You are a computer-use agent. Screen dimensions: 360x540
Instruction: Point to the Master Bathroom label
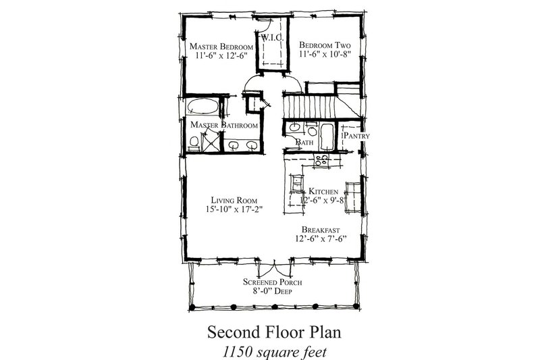[223, 126]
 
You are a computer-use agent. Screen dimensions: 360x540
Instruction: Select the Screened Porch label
[271, 282]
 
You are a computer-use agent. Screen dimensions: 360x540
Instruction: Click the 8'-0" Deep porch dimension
[271, 292]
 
